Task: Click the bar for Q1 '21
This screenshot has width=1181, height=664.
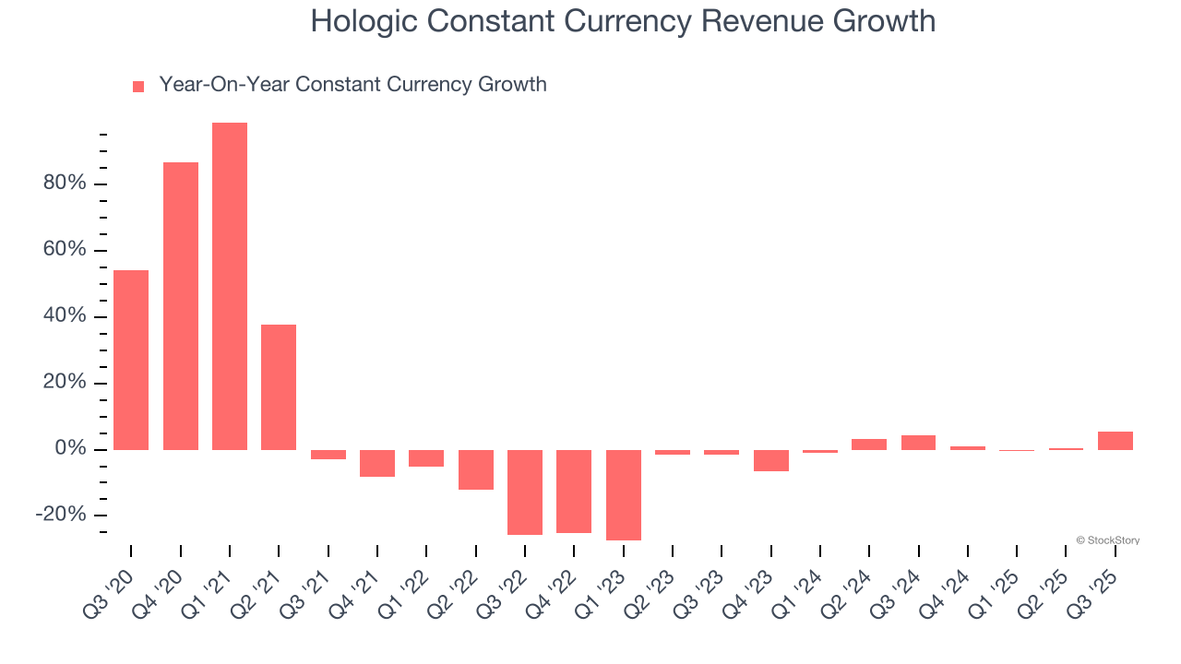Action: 230,286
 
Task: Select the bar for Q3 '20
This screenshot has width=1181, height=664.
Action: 131,360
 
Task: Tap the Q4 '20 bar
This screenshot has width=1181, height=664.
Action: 181,306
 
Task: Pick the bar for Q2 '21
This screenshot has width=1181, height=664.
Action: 279,387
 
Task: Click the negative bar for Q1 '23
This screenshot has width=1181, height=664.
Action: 624,495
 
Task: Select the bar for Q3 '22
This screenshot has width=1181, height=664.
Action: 525,492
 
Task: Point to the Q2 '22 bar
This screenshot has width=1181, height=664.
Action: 476,469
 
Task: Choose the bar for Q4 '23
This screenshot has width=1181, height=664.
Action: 771,460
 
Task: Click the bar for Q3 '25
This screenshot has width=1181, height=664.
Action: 1115,441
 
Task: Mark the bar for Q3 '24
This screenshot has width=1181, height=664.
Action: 919,443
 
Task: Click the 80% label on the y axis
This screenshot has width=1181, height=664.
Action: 65,184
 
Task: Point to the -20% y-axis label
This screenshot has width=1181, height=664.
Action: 61,515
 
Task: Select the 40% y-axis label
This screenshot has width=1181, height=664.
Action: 65,316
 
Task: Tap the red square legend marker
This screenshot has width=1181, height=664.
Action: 138,86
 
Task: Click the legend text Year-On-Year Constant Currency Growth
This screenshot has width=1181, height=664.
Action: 352,85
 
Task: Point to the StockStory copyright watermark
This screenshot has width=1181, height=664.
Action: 1107,540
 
